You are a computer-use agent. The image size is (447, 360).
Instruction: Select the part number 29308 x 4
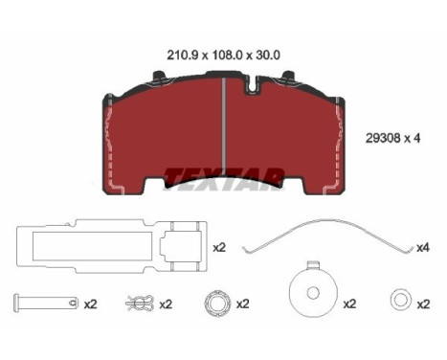[392, 138]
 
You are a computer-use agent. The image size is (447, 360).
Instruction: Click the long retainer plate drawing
[105, 246]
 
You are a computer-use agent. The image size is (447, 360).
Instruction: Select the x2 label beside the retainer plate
[218, 247]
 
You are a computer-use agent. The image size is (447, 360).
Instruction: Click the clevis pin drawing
[44, 304]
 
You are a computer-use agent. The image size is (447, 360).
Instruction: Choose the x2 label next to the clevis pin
[90, 304]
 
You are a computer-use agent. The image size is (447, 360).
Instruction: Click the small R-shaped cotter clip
[140, 304]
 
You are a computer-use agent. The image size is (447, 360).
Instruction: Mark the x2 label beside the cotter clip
[165, 304]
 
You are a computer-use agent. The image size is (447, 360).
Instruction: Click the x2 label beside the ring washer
[423, 304]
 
